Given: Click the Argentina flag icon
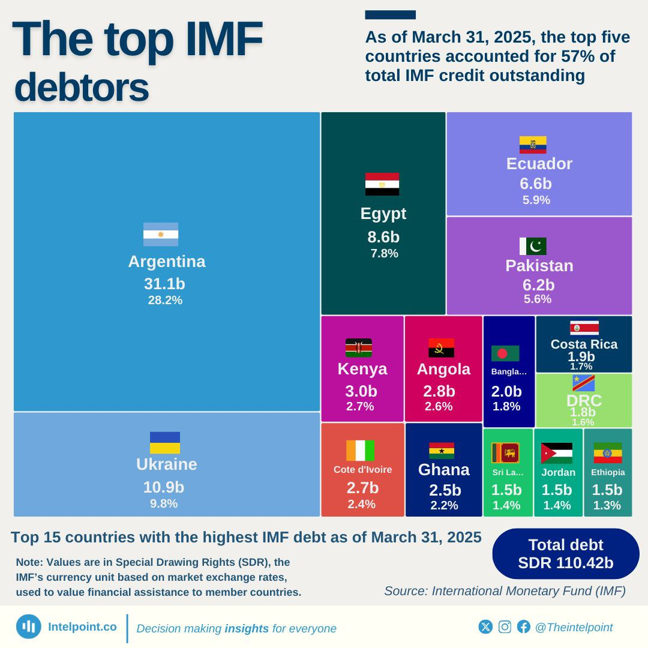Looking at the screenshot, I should click(161, 235).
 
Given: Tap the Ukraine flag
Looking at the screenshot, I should click(165, 443).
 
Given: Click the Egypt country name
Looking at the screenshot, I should click(383, 214).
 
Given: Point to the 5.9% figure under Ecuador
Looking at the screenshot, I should click(536, 200).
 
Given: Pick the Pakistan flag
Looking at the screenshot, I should click(533, 246).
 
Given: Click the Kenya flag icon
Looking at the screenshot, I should click(359, 348).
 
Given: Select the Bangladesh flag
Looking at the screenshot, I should click(505, 353).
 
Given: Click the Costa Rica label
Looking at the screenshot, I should click(584, 344).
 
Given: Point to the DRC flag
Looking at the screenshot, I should click(584, 383).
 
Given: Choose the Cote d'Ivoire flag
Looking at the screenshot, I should click(360, 451).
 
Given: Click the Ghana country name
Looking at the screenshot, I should click(444, 469).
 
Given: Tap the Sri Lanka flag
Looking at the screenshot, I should click(505, 453).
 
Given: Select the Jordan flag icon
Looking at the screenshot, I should click(557, 453).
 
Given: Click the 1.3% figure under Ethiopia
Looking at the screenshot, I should click(607, 505).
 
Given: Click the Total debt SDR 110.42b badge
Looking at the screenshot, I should click(566, 554).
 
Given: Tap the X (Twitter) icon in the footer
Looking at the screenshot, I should click(485, 627).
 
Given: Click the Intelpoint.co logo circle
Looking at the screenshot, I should click(29, 627).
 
